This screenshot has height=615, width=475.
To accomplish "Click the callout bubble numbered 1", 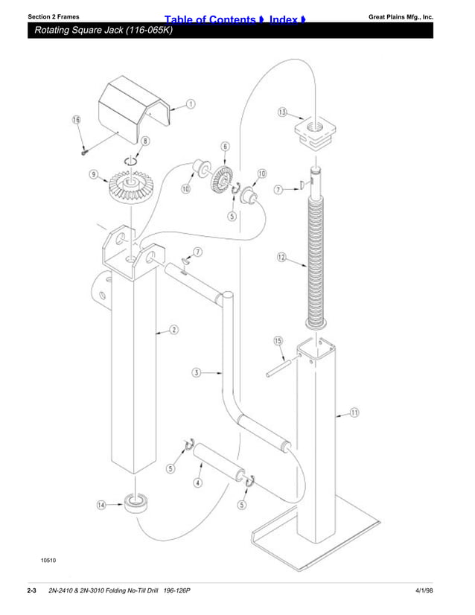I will pos(191,104).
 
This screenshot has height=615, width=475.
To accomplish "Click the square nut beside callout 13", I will pos(313,131).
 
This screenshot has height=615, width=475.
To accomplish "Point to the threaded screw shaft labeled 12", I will pos(319,253).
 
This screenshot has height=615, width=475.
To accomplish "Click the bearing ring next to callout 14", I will pos(136,504).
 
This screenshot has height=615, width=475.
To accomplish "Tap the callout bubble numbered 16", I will pos(76,121).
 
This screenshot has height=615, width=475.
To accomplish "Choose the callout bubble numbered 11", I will pos(355,413).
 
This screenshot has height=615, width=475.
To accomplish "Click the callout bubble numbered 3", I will pos(195,372).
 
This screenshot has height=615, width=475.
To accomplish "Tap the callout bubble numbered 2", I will pos(173,330).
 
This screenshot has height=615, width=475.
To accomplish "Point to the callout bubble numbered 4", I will pos(197,482).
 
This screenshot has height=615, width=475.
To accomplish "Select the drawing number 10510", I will pos(48,559).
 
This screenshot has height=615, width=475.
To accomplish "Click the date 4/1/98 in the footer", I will pos(424,592).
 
